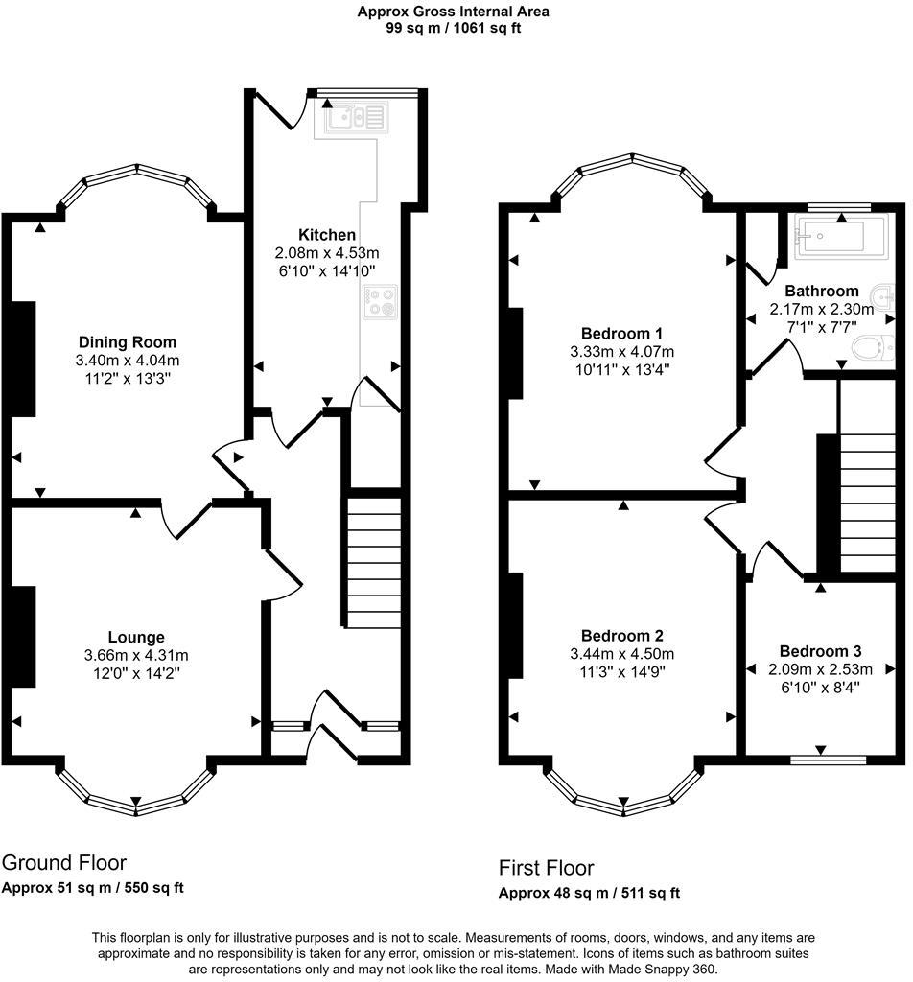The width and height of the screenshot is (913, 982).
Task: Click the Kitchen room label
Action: click(327, 235)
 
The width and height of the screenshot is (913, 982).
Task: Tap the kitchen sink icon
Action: click(356, 118)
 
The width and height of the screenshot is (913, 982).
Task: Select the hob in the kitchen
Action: click(380, 302)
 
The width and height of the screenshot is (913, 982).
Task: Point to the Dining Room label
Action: click(128, 342)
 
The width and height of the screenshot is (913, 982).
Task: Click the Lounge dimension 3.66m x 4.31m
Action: click(136, 655)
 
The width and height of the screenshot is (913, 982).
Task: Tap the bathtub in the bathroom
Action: click(841, 238)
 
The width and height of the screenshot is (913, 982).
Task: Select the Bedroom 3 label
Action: click(820, 651)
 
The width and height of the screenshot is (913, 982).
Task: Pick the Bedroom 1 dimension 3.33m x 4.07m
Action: click(621, 351)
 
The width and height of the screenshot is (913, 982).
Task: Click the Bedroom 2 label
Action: click(621, 637)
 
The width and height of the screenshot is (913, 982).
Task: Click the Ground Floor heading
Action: click(64, 863)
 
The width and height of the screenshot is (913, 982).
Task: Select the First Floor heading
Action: click(546, 868)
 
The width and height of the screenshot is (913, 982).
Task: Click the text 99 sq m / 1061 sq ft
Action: click(454, 28)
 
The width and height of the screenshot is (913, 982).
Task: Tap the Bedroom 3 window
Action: click(828, 760)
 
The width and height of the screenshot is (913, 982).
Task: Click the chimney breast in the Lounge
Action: click(23, 637)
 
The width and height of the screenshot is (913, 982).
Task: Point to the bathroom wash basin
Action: click(884, 297)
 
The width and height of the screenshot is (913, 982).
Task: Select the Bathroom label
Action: click(822, 291)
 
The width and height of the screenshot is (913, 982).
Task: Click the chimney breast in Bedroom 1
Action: click(515, 353)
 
